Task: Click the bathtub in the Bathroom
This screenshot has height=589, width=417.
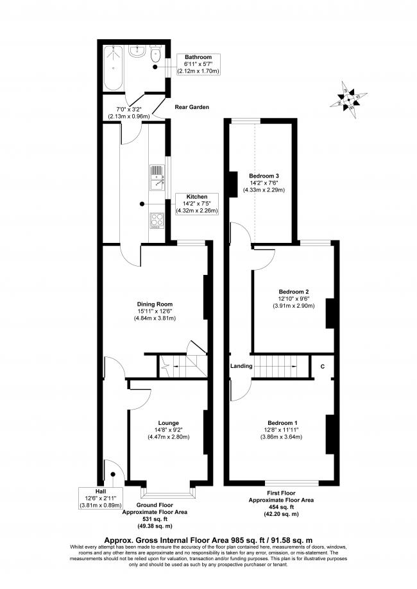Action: (113, 68)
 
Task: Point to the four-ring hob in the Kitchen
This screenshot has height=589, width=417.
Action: (157, 220)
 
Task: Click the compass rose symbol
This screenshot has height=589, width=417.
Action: (348, 99)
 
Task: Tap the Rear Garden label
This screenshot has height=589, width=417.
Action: (192, 107)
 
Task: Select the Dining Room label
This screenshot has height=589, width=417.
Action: (155, 304)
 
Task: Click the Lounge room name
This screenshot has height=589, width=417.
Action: (169, 423)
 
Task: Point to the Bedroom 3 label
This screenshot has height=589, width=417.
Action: (264, 176)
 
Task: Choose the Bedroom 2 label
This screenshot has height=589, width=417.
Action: (294, 292)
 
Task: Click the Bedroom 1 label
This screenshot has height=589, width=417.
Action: (282, 422)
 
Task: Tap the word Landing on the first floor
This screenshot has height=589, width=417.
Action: (241, 366)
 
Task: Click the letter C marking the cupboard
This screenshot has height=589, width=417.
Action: (323, 366)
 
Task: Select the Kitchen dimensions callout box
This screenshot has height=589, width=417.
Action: (197, 204)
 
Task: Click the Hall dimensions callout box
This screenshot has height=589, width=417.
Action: (101, 498)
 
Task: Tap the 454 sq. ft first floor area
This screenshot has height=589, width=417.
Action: (281, 507)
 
